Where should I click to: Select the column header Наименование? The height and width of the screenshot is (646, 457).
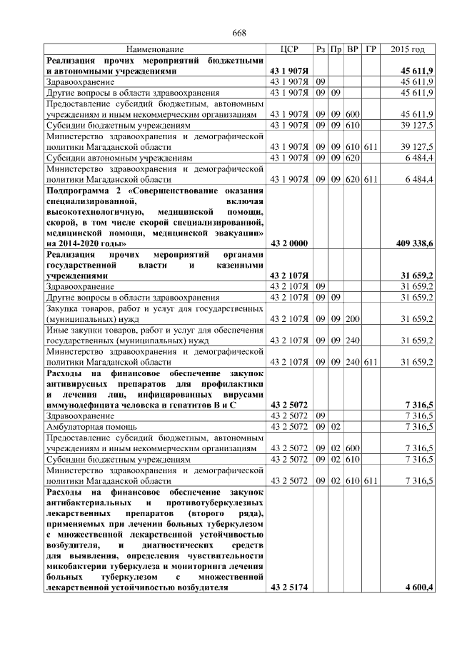click(155, 49)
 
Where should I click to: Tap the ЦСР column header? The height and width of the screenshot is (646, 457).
click(289, 49)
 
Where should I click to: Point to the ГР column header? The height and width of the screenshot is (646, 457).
click(370, 49)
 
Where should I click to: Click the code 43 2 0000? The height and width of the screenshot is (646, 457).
click(288, 243)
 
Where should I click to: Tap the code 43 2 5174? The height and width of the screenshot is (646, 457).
click(288, 587)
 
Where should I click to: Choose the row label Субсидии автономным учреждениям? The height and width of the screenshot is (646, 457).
click(119, 157)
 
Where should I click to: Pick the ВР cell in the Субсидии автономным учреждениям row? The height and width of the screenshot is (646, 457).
click(352, 157)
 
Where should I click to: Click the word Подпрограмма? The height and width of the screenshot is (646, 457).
click(78, 191)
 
